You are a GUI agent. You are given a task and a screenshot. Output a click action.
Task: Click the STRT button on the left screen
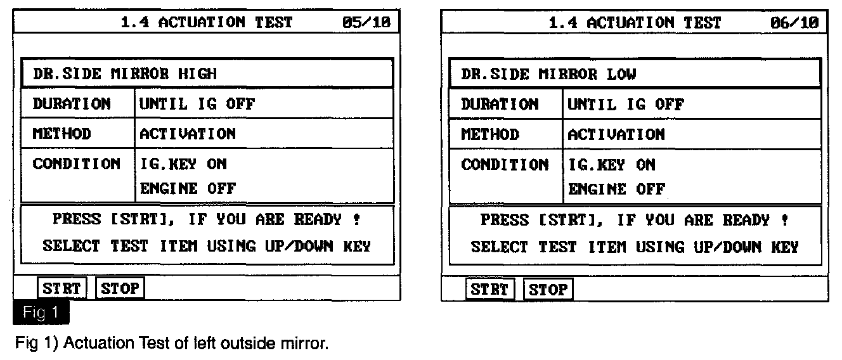point(62,289)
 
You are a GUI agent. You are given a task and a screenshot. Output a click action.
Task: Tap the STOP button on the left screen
point(120,289)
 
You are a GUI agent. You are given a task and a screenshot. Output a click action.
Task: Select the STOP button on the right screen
point(548,290)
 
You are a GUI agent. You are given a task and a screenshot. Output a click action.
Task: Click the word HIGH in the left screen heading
point(197,74)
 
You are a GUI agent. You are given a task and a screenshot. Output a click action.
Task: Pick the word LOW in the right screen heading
point(621,74)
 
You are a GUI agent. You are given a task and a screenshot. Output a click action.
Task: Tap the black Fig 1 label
point(41,312)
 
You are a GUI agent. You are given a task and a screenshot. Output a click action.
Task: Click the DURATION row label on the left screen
point(72,103)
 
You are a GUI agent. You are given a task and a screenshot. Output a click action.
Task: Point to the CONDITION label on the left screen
point(76,164)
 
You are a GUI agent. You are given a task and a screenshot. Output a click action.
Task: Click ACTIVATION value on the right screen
point(616,134)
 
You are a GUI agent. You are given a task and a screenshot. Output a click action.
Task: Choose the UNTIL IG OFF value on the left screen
point(197,103)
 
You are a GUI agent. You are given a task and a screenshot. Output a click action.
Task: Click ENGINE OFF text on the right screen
point(616,189)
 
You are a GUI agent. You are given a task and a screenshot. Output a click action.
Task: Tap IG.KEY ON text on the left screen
point(183,164)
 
